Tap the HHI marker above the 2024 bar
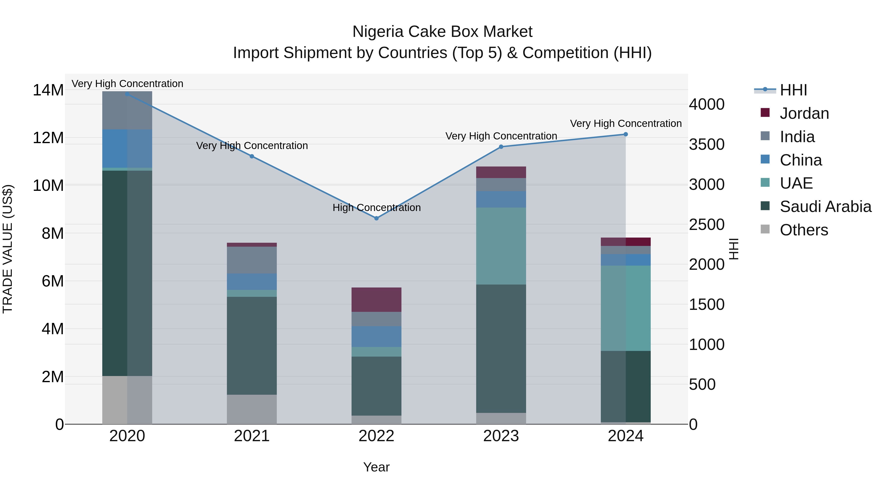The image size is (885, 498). pyautogui.click(x=626, y=134)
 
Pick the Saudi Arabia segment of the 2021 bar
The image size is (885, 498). pyautogui.click(x=252, y=346)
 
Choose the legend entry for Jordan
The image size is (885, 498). pyautogui.click(x=804, y=113)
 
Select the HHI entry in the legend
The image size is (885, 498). pyautogui.click(x=793, y=90)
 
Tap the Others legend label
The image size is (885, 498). pyautogui.click(x=804, y=230)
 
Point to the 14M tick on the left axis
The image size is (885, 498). pyautogui.click(x=48, y=91)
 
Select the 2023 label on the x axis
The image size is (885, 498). pyautogui.click(x=501, y=436)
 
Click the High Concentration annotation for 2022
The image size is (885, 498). pyautogui.click(x=377, y=208)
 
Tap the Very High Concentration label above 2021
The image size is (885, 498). pyautogui.click(x=252, y=146)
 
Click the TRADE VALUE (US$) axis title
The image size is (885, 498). pyautogui.click(x=8, y=249)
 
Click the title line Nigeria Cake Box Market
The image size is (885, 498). pyautogui.click(x=442, y=32)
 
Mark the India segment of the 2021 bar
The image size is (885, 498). pyautogui.click(x=252, y=260)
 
